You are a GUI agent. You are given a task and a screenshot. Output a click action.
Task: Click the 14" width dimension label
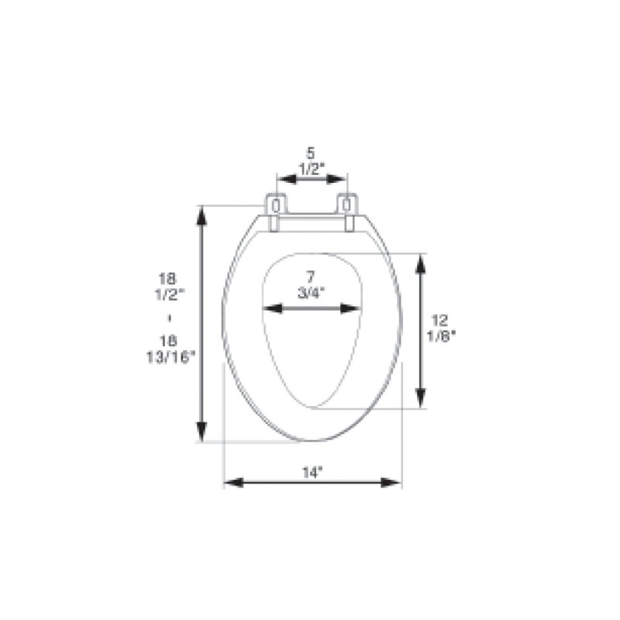pos(313,473)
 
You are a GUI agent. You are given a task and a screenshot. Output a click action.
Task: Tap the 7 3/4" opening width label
pos(312,284)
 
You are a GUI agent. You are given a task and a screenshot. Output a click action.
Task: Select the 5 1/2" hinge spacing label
pos(312,162)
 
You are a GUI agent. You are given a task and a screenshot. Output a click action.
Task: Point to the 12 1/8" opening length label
pos(441,328)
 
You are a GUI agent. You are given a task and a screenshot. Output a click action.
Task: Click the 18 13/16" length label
pos(170,350)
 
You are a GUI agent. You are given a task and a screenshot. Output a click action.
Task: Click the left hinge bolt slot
pos(277,205)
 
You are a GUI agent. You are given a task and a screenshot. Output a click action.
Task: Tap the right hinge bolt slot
pos(346,205)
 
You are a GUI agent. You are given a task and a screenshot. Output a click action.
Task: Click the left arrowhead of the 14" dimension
pos(234,483)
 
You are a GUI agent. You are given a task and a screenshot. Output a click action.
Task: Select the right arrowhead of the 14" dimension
pos(391,483)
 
